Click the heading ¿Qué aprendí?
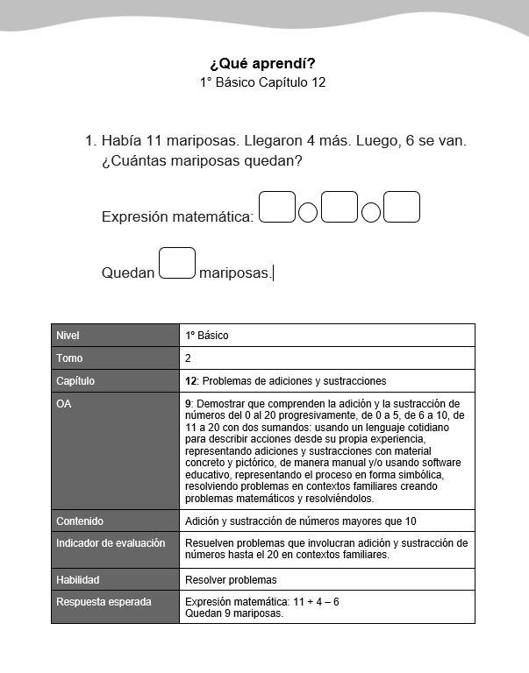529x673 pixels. [x=262, y=63]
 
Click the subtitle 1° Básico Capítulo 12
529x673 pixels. [x=263, y=82]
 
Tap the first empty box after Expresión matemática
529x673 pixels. [x=277, y=208]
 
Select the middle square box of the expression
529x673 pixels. [x=340, y=208]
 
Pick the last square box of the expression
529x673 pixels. [x=402, y=208]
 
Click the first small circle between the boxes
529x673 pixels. [x=308, y=213]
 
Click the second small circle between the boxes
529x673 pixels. [x=371, y=213]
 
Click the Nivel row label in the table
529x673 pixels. [x=68, y=336]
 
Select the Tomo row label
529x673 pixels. [x=69, y=358]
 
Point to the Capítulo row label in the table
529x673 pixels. [x=75, y=381]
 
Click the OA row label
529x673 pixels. [x=64, y=404]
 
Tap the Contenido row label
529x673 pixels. [x=80, y=521]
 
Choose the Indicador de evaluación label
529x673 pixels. [x=111, y=543]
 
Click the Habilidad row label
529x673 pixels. [x=78, y=579]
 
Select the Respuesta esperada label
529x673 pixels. [x=104, y=602]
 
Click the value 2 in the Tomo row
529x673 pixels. [x=189, y=358]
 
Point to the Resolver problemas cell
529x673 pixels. [x=231, y=579]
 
